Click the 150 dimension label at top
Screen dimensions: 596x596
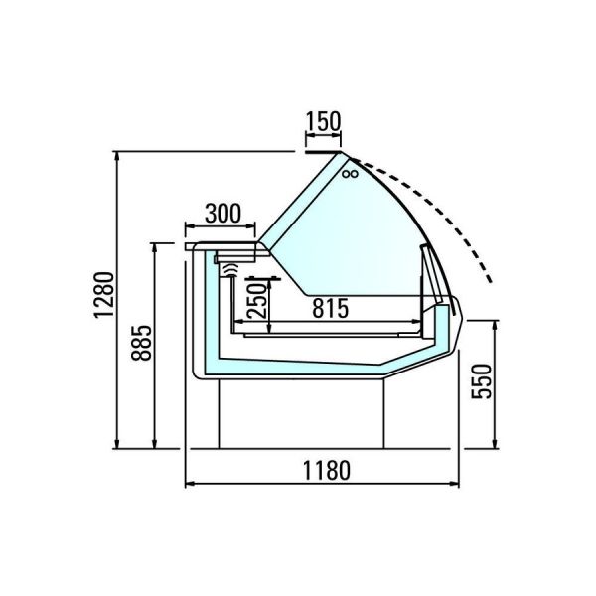coord(324,121)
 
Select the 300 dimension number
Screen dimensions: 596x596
coord(223,214)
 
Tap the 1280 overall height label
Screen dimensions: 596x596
coord(104,295)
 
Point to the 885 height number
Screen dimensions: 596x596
coord(141,342)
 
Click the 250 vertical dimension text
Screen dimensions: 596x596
coord(257,300)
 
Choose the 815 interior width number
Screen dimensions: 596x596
coord(331,308)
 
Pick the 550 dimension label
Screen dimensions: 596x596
coord(482,381)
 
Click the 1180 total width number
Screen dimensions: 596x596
coord(326,471)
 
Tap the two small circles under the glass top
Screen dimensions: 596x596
coord(350,174)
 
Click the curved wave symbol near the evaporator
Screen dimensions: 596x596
coord(231,270)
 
